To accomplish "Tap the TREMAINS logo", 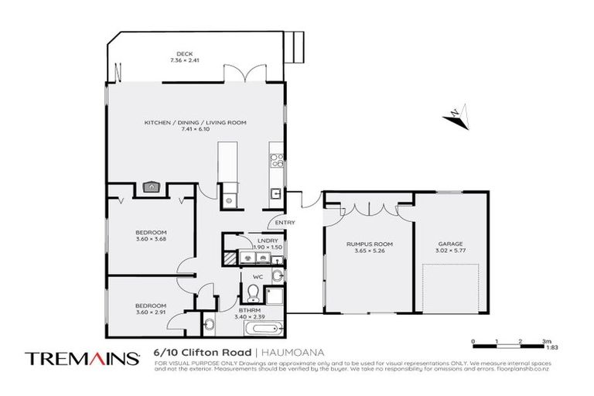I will tap(82, 358).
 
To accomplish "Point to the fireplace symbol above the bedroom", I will tap(152, 186).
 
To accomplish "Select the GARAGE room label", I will tap(450, 244).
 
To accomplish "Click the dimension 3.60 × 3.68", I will tap(151, 237).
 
